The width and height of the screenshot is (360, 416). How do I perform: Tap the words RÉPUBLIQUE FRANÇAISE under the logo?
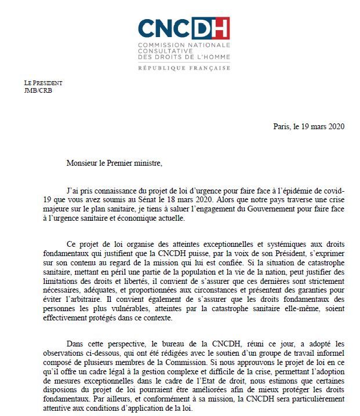point(184,68)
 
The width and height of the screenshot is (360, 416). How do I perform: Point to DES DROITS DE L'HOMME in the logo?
point(184,57)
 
